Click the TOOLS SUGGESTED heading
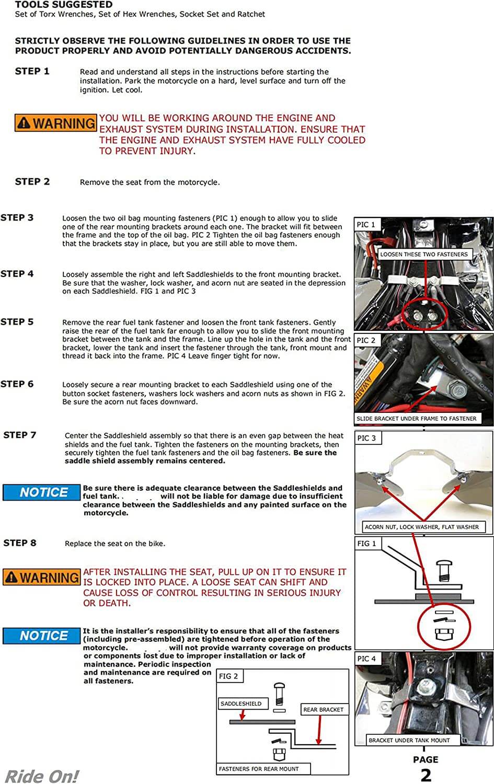(x=63, y=5)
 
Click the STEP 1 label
(x=32, y=72)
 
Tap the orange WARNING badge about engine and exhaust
(x=56, y=123)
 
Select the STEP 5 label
(x=17, y=322)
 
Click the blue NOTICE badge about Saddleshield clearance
(x=42, y=492)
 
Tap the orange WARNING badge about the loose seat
(x=42, y=578)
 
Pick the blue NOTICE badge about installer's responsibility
(x=42, y=636)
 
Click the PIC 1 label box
(x=366, y=225)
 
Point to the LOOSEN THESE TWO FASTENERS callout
(x=424, y=255)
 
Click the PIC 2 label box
(x=366, y=340)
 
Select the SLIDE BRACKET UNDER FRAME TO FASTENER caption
(x=417, y=419)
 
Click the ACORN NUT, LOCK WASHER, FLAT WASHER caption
(x=422, y=527)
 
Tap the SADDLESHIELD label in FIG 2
(x=242, y=704)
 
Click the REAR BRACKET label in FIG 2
(x=324, y=710)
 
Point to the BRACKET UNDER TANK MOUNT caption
(x=409, y=740)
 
